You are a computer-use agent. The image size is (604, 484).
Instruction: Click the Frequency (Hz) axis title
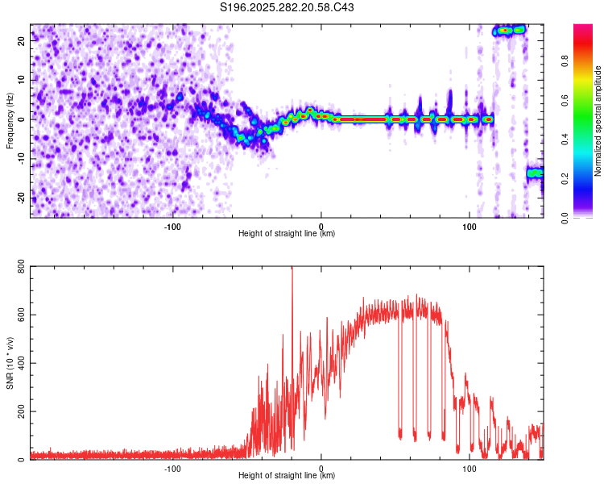coord(10,119)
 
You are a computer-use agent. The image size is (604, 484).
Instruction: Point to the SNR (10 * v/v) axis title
coord(10,365)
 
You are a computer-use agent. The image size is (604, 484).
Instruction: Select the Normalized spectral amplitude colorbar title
coord(598,121)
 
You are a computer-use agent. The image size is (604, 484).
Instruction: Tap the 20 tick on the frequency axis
coord(20,40)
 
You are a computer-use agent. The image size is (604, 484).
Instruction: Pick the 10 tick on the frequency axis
coord(20,80)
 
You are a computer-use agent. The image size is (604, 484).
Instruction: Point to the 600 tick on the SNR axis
coord(18,316)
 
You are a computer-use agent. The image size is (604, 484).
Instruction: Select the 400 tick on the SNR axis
coord(18,364)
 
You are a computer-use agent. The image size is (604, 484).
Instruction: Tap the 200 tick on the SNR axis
coord(18,412)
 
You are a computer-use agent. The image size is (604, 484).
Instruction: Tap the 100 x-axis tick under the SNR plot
coord(470,468)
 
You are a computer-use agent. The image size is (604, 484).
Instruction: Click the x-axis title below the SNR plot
coord(287,476)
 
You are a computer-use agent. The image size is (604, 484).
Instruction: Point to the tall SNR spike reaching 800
coord(292,274)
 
